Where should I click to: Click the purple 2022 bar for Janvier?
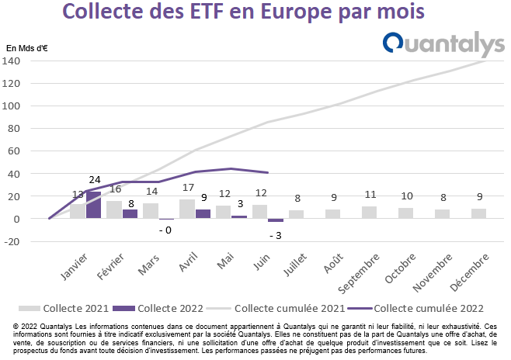93,205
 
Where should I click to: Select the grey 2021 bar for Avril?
187,209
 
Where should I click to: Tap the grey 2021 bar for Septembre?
369,213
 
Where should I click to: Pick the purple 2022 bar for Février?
130,214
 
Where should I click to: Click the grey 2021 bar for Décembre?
478,213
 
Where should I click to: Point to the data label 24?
95,180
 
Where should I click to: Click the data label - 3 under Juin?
276,235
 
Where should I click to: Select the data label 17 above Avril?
189,188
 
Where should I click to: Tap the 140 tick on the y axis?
11,61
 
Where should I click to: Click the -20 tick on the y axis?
12,241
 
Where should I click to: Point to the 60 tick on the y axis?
14,151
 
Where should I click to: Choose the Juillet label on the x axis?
295,265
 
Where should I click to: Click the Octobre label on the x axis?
400,268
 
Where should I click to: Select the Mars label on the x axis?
148,265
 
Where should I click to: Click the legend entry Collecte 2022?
158,308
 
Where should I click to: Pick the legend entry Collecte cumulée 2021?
276,308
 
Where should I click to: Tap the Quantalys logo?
444,44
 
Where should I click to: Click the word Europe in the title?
297,12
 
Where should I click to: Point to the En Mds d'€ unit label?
27,48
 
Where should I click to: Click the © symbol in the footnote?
16,326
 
